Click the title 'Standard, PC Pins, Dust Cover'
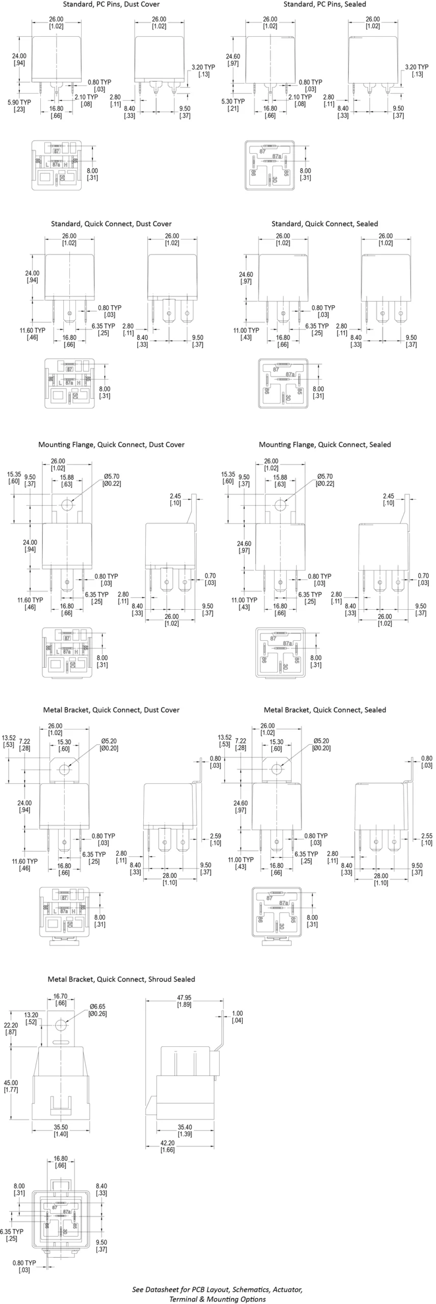tap(111, 5)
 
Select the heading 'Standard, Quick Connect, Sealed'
tap(324, 224)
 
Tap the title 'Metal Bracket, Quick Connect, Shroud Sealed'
tap(121, 979)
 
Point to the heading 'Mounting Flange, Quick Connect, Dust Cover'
tap(111, 445)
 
